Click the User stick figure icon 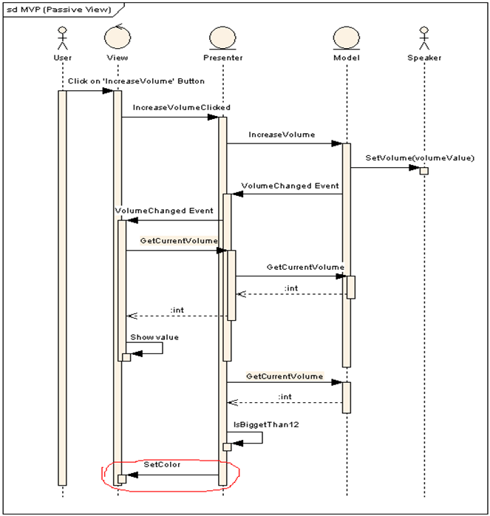point(62,38)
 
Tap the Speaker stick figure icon point(424,38)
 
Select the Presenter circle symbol point(222,38)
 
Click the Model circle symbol point(347,38)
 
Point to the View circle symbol point(118,36)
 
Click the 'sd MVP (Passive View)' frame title point(59,9)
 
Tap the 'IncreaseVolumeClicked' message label point(182,107)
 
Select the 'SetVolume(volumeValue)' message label point(420,158)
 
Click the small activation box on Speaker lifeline point(424,171)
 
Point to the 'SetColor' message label point(162,464)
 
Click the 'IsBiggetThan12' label point(266,424)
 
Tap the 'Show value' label point(154,337)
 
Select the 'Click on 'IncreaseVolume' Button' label point(136,81)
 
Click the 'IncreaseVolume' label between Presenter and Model point(282,135)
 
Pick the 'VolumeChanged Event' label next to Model point(290,186)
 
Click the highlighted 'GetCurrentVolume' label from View point(179,240)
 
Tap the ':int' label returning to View point(177,310)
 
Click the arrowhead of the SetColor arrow point(132,475)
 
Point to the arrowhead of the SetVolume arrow point(415,168)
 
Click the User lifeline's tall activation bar point(62,288)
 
